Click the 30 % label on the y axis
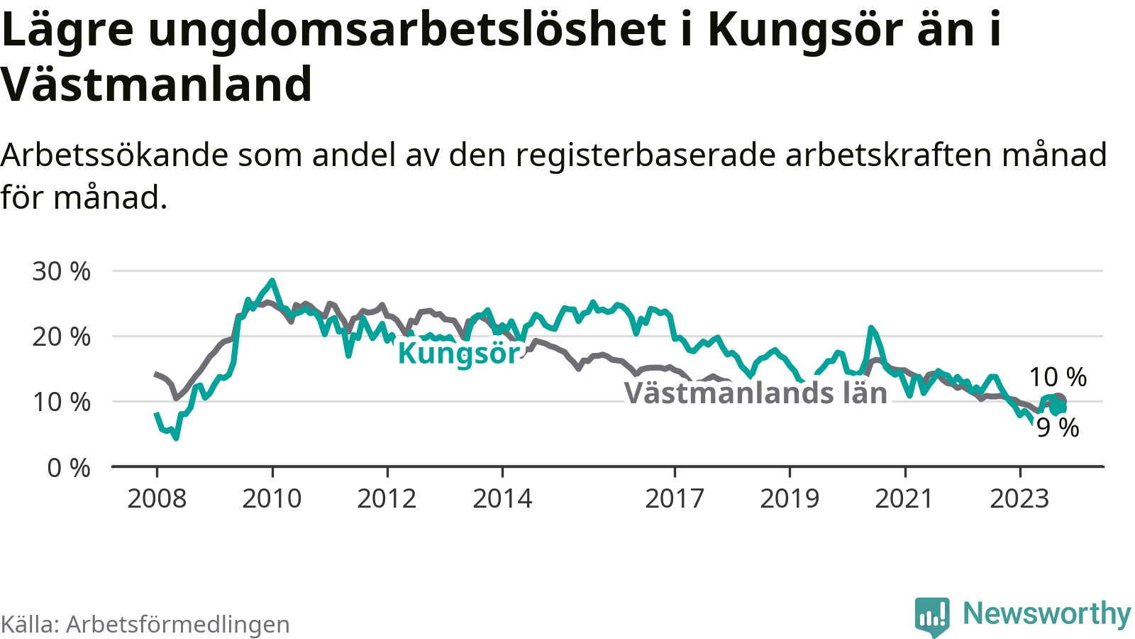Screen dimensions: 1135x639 [x=61, y=272]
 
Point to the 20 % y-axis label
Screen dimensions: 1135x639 [x=61, y=337]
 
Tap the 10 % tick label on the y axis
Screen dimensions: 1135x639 [x=61, y=402]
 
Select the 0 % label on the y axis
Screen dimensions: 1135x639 [x=68, y=468]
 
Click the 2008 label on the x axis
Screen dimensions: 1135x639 [x=157, y=498]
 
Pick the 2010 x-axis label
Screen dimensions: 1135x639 [x=272, y=498]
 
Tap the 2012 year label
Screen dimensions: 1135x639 [x=387, y=498]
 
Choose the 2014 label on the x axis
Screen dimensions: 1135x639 [x=503, y=498]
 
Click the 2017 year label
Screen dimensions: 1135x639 [x=675, y=498]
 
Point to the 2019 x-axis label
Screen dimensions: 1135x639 [x=790, y=498]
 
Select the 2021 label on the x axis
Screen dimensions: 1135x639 [x=904, y=498]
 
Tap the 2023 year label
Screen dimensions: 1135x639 [x=1019, y=498]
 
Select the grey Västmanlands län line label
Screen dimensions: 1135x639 [x=755, y=393]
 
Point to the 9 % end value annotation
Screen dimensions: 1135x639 [x=1058, y=427]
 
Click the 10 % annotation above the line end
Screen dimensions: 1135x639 [x=1058, y=377]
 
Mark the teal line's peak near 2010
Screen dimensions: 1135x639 [x=272, y=280]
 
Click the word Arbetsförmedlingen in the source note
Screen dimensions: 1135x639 [x=178, y=624]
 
